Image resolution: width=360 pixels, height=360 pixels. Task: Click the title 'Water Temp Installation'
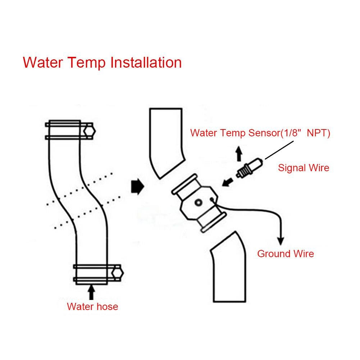pyautogui.click(x=102, y=63)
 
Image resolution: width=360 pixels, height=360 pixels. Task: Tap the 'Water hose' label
pyautogui.click(x=92, y=307)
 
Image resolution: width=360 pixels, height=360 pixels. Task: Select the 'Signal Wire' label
pyautogui.click(x=304, y=168)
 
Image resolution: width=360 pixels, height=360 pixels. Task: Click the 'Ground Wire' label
pyautogui.click(x=285, y=254)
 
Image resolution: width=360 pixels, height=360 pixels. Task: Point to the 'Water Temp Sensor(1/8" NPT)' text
pyautogui.click(x=260, y=133)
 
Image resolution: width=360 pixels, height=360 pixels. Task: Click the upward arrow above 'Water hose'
pyautogui.click(x=92, y=292)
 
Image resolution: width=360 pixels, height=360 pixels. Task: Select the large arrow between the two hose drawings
pyautogui.click(x=137, y=187)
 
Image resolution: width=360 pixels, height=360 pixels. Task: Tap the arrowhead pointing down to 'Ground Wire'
pyautogui.click(x=281, y=240)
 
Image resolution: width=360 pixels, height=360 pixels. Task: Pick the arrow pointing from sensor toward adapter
pyautogui.click(x=227, y=182)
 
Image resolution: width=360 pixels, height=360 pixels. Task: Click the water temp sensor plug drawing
pyautogui.click(x=249, y=169)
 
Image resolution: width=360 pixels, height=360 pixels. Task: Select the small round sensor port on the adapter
pyautogui.click(x=198, y=204)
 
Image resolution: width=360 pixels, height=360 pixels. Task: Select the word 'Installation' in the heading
pyautogui.click(x=146, y=63)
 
